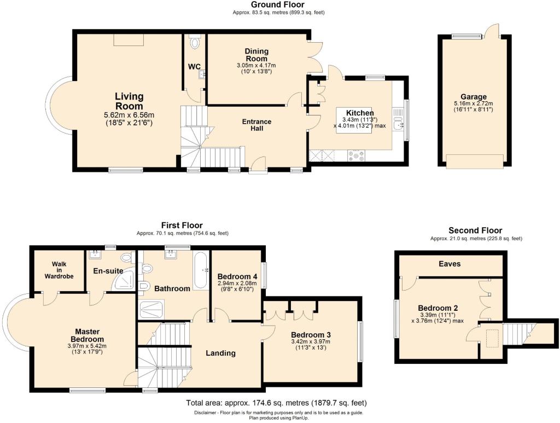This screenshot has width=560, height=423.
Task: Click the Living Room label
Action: (129, 101)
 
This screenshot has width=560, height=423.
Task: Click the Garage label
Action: (473, 97)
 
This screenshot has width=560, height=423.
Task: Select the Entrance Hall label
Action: (256, 125)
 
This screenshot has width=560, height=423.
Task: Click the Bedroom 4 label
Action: (237, 276)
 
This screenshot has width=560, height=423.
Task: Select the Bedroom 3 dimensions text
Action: (310, 345)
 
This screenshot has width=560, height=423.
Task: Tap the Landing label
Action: (220, 353)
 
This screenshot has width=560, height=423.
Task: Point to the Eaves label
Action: (450, 264)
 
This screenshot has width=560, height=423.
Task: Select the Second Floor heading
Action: (475, 230)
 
